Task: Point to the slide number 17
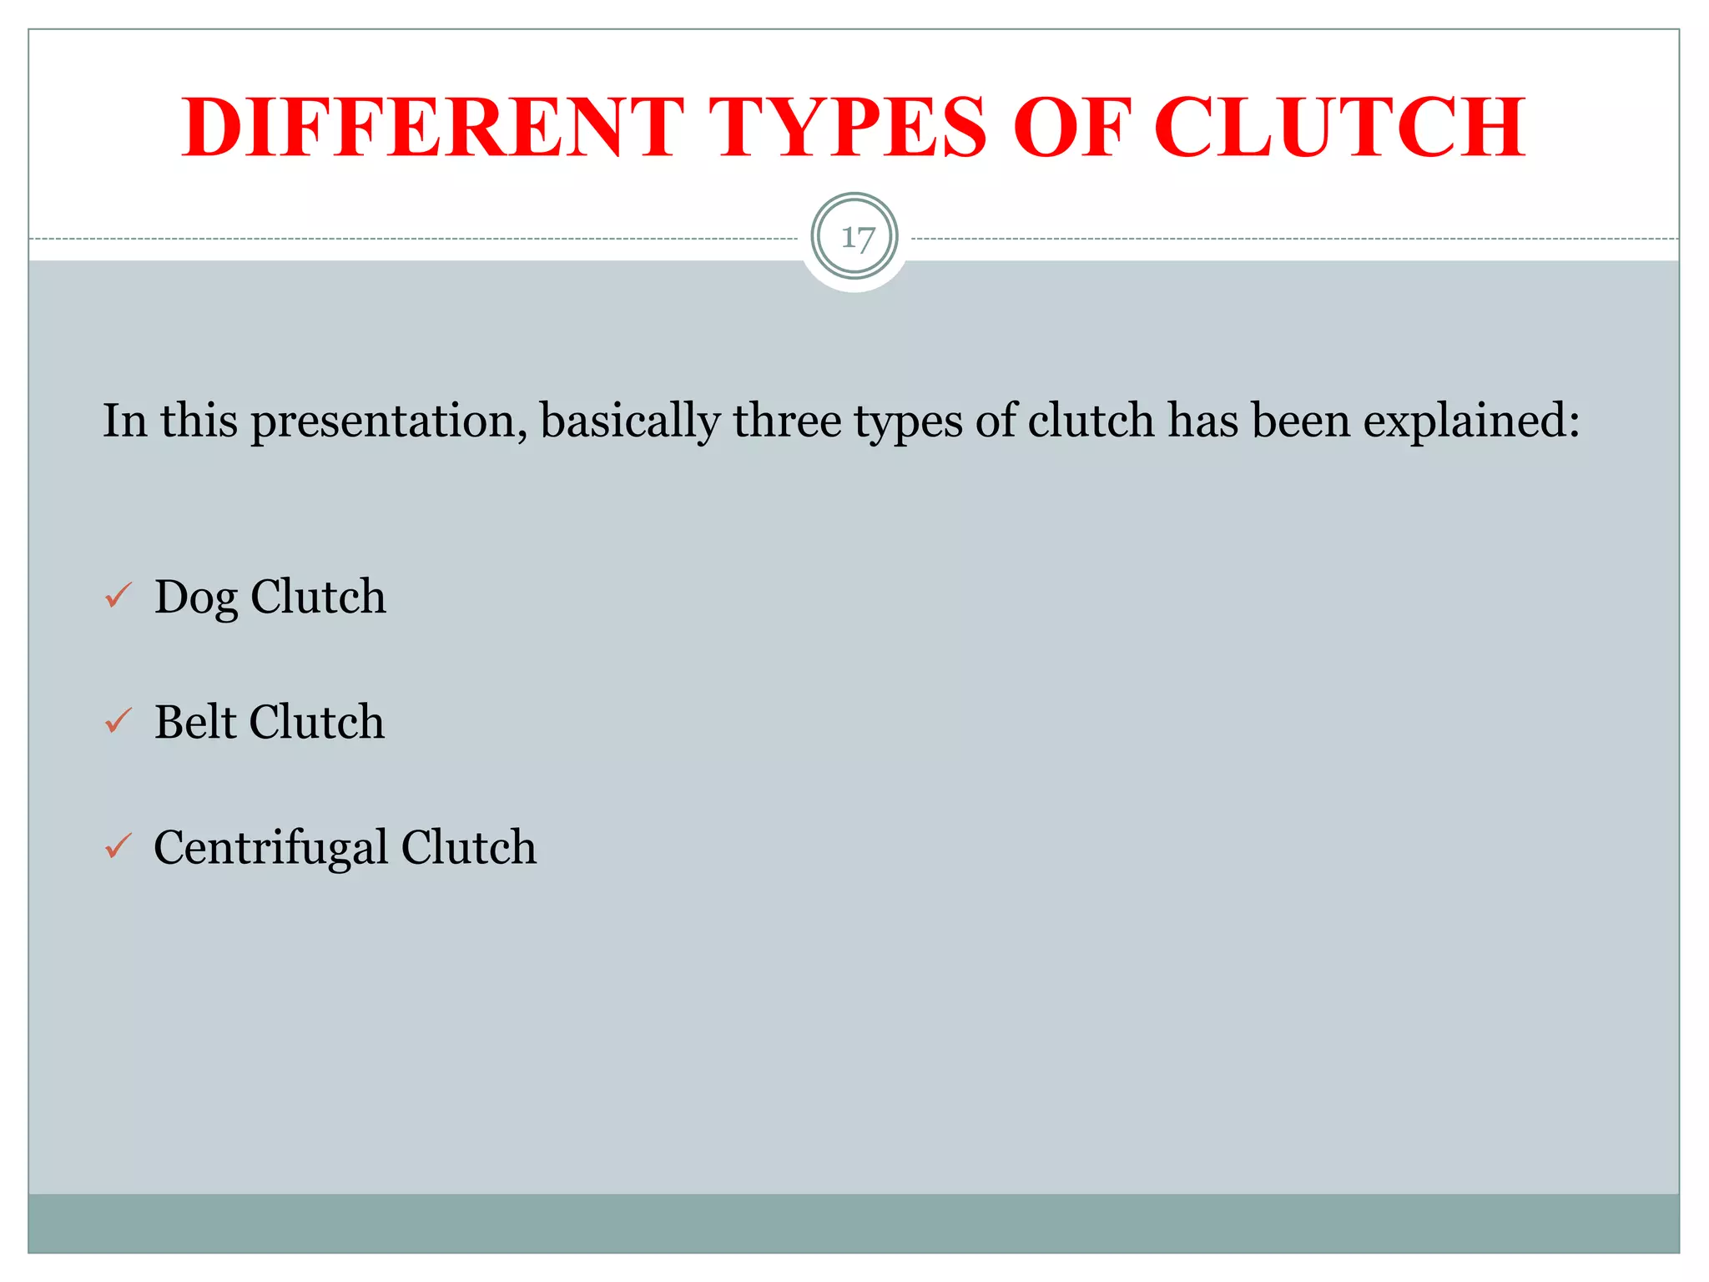pos(855,238)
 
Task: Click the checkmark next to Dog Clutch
pos(118,596)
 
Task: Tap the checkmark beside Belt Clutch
pos(118,720)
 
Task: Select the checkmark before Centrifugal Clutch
pos(118,846)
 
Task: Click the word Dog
pos(196,598)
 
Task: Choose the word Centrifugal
pos(271,848)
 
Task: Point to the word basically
pos(630,421)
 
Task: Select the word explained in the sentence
pos(1471,421)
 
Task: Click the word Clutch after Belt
pos(317,721)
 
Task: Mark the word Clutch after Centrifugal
pos(469,847)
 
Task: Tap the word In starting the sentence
pos(124,421)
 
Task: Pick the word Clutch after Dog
pos(318,597)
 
